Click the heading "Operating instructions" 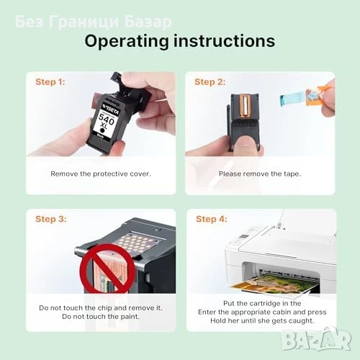click(180, 41)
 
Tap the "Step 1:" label click(50, 82)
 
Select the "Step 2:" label click(210, 82)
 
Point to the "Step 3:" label click(51, 219)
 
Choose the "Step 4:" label click(212, 219)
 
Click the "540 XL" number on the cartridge click(106, 121)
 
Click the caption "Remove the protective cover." click(101, 174)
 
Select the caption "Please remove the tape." click(260, 174)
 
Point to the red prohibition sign click(107, 269)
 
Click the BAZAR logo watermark click(316, 338)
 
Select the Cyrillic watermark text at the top click(94, 22)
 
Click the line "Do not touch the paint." click(101, 317)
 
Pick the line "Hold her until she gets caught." click(262, 320)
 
